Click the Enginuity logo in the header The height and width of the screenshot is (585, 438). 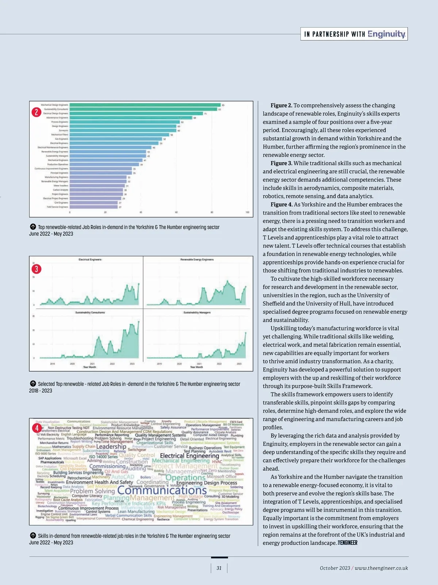point(386,34)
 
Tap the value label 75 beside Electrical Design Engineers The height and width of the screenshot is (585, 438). point(205,114)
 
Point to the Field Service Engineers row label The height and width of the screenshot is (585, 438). point(57,207)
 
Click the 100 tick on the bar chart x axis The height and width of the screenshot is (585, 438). point(247,212)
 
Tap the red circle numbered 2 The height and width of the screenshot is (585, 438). point(36,112)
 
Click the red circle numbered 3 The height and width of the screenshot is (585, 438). point(36,269)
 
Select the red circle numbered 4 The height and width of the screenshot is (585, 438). point(36,428)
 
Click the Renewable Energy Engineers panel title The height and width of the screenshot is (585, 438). point(197,259)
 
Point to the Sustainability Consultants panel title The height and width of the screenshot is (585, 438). point(90,312)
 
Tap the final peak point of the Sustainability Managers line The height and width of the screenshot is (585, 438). point(246,333)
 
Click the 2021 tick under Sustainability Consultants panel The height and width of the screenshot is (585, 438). point(92,364)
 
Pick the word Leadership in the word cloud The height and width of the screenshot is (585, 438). point(111,447)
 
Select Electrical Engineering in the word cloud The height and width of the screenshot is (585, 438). point(189,456)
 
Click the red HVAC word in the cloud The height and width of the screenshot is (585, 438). point(217,461)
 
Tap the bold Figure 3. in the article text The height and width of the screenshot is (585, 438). point(281,163)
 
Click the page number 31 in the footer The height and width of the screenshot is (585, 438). point(219,568)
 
